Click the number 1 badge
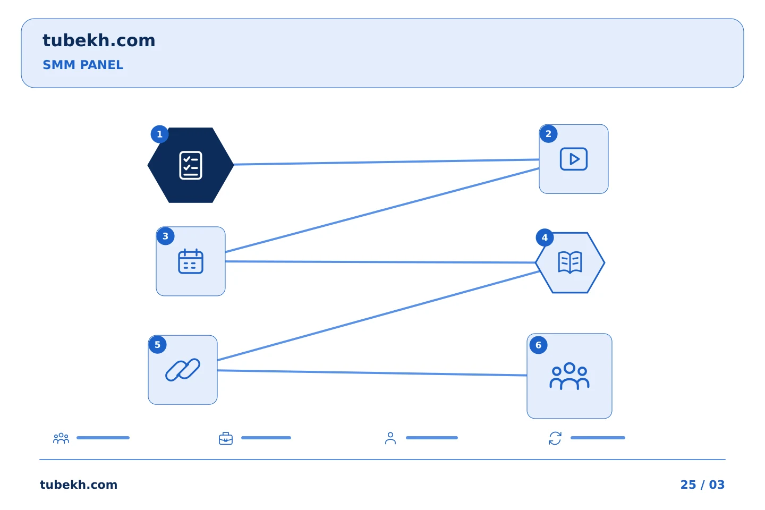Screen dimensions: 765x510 coord(159,134)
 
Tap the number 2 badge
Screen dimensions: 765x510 coord(548,134)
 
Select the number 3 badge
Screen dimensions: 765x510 coord(165,236)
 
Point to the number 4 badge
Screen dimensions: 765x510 coord(545,237)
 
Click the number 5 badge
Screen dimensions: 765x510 coord(157,345)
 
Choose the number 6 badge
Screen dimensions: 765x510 coord(538,345)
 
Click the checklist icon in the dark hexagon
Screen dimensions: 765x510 coord(191,165)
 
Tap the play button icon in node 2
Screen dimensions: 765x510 coord(574,159)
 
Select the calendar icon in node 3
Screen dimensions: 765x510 coord(191,261)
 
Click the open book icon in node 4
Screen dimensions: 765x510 coord(570,262)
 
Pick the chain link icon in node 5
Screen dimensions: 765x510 coord(183,370)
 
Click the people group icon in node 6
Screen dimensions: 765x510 coord(569,376)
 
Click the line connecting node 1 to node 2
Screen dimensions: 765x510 coord(387,162)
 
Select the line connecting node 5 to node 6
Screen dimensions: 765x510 coord(372,373)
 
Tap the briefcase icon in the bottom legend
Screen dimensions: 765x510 coord(226,439)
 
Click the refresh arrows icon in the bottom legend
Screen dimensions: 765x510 coord(555,438)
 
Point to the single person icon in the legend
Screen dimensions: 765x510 coord(390,438)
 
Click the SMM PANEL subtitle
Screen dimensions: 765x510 coord(83,65)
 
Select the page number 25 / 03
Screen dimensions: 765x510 coord(702,484)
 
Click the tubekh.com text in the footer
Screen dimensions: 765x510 coord(79,484)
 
